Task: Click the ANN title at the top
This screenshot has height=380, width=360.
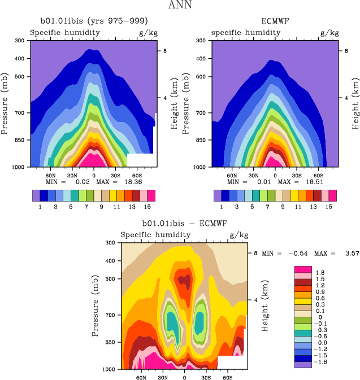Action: coord(180,6)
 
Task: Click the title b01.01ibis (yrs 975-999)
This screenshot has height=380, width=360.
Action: coord(94,22)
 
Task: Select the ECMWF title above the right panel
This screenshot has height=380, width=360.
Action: coord(275,22)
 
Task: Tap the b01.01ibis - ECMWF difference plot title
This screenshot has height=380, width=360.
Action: coord(184,224)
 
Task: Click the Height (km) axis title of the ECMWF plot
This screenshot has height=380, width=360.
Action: coord(355,104)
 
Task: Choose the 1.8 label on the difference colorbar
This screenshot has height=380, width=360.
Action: coord(320,273)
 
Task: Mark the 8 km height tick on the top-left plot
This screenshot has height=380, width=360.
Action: coord(164,51)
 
